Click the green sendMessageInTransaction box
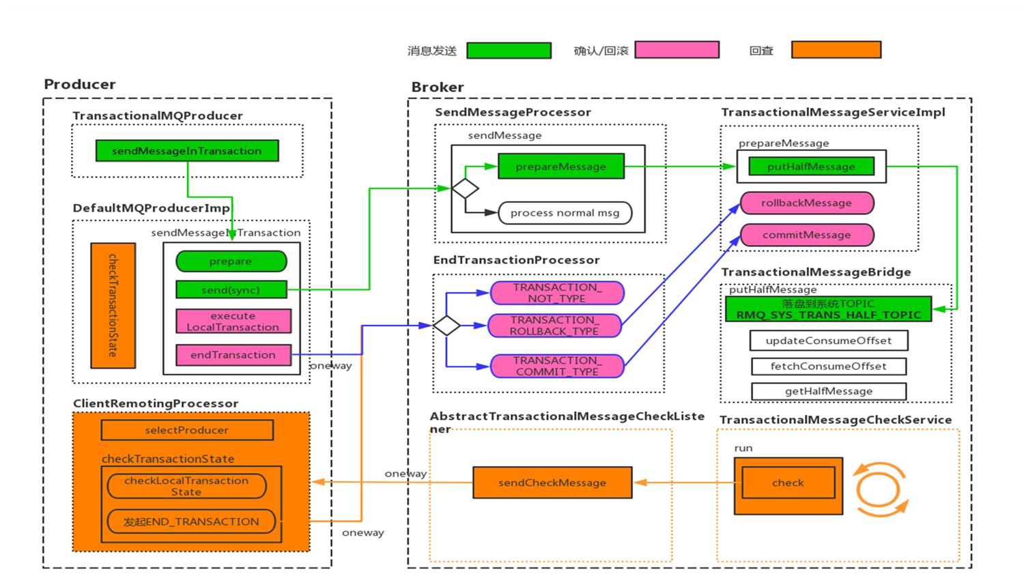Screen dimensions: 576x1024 186,151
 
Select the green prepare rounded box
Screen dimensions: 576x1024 231,261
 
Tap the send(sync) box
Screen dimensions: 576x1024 231,290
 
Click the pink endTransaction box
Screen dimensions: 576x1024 233,355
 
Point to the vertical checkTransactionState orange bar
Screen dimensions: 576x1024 113,305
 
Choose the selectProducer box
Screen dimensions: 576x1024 186,430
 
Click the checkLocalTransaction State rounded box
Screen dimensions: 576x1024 186,486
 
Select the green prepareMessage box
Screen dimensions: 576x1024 560,167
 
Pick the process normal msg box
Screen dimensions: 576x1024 565,213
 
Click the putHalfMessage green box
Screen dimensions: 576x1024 811,167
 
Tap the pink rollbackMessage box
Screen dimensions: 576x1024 806,203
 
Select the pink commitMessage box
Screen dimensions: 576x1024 806,235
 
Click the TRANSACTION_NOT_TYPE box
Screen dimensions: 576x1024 557,293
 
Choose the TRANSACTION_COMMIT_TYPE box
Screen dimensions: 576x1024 557,366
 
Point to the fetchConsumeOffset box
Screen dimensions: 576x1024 828,366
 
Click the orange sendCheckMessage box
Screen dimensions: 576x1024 552,483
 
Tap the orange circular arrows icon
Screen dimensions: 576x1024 881,489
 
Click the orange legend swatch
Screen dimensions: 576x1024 836,50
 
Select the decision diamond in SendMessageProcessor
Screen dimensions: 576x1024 465,188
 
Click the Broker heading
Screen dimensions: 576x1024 438,87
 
